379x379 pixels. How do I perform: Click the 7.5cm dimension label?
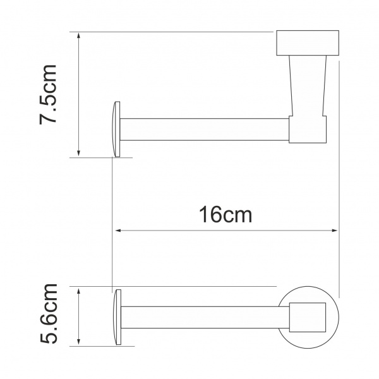[x=48, y=95]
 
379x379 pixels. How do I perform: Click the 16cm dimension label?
[x=226, y=215]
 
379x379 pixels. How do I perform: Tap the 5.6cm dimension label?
[x=49, y=313]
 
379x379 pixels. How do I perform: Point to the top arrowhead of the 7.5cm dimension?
[x=78, y=35]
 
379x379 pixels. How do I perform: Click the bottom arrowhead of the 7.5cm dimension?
[x=78, y=153]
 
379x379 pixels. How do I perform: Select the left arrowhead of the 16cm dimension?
[x=118, y=231]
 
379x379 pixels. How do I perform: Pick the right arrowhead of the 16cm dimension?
[x=334, y=231]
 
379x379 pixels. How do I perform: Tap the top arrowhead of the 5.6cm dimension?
[x=78, y=291]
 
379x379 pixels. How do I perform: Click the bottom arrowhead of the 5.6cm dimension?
[x=78, y=342]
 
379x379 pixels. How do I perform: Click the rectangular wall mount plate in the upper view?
[x=308, y=43]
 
